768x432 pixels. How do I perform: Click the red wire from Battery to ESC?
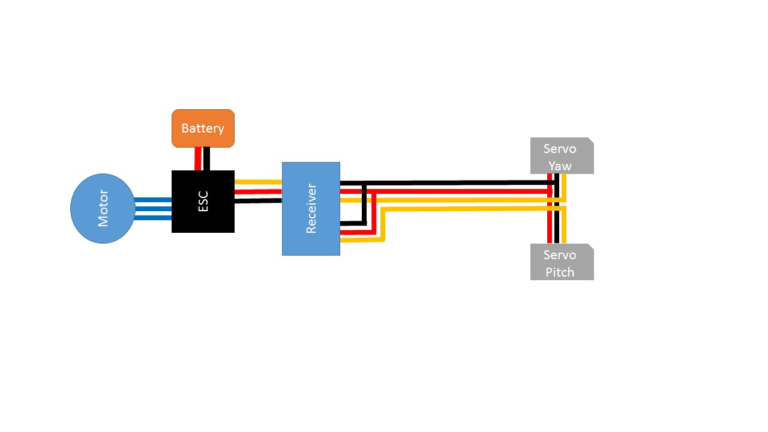(198, 159)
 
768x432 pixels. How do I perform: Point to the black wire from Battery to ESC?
(206, 159)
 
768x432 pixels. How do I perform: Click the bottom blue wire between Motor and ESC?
(154, 218)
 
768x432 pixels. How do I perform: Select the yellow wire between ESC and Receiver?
(258, 181)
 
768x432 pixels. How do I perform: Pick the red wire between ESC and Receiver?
(258, 192)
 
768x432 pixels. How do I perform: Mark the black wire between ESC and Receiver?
(258, 201)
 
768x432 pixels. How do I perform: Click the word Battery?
(203, 128)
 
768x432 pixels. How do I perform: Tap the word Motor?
(103, 209)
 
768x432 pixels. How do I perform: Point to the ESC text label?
(203, 202)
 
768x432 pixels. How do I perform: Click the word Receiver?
(311, 209)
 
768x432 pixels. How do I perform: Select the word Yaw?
(560, 166)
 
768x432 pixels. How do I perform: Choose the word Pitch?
(560, 272)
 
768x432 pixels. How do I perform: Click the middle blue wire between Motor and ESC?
(154, 209)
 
